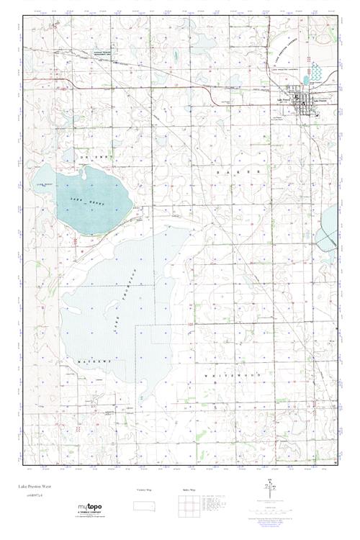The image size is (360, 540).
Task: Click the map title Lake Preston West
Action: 35,487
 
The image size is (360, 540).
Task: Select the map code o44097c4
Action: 31,496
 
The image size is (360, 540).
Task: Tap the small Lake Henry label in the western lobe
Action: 45,186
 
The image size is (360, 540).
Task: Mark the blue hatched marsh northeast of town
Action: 316,73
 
